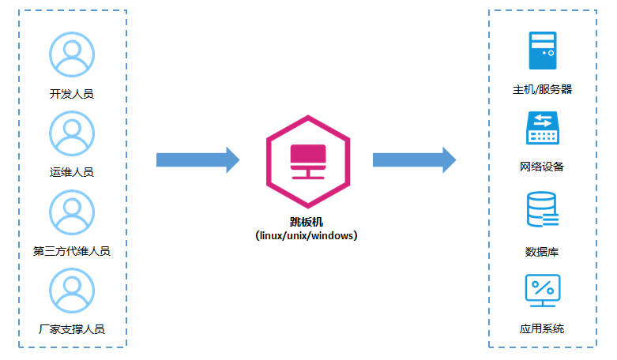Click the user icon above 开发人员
72,54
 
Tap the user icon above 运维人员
72,133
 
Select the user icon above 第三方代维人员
72,212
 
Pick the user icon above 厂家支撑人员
72,291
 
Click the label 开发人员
72,94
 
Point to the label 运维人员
72,172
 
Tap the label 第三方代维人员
72,251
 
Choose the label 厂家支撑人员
72,329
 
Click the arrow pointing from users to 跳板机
198,159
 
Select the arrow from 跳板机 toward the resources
414,159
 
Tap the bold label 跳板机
307,222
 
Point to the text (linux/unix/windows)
307,235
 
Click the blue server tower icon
543,51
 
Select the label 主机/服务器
542,90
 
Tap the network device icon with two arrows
543,128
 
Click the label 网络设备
542,167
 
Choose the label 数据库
542,253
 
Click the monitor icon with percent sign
543,291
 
